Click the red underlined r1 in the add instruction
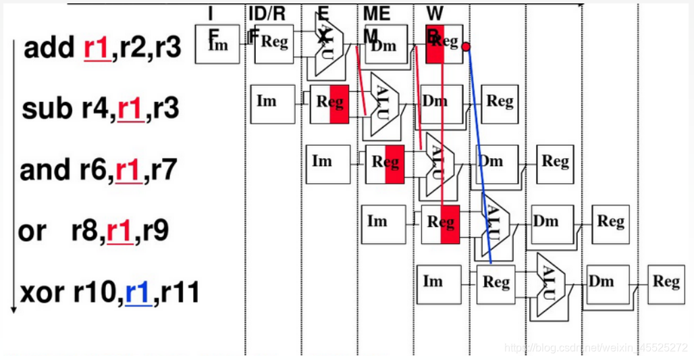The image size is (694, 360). click(x=97, y=48)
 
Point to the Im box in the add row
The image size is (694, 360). click(x=217, y=44)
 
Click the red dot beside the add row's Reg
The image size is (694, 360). click(x=466, y=47)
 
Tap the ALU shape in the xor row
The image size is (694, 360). click(x=550, y=284)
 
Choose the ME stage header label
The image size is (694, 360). click(x=377, y=14)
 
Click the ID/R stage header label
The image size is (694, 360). click(x=266, y=14)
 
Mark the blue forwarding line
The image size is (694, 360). click(x=479, y=155)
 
